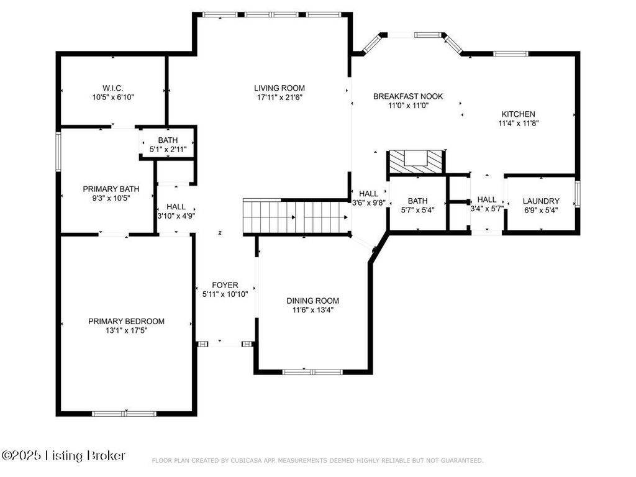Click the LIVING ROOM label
click(279, 88)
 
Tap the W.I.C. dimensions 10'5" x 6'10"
click(113, 98)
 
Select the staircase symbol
click(294, 217)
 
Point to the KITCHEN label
click(518, 114)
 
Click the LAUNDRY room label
click(540, 201)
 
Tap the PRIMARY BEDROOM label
click(126, 321)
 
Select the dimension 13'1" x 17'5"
click(126, 331)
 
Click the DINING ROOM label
click(312, 301)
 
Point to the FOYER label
click(224, 285)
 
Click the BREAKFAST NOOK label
click(407, 96)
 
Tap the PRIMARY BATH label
click(111, 189)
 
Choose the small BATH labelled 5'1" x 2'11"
click(167, 145)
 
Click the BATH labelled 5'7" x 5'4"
click(417, 205)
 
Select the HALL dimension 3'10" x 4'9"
click(176, 216)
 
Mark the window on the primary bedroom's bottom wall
click(124, 413)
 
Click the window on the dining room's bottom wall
click(312, 372)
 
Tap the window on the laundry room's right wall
click(578, 193)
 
